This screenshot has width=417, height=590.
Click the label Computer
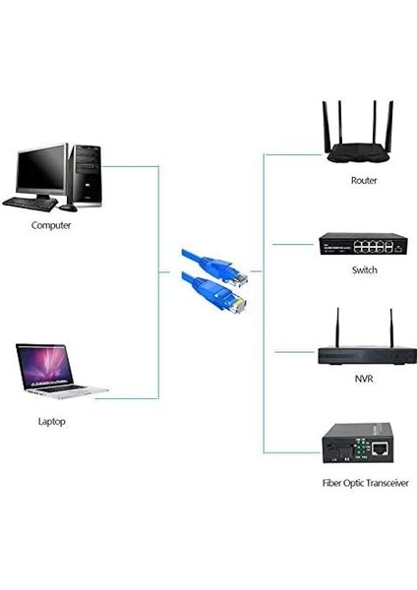click(51, 225)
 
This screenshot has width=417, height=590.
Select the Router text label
click(364, 181)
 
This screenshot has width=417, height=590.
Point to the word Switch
click(364, 269)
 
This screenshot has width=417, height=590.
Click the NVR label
click(364, 379)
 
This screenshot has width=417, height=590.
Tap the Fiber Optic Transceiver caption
click(365, 483)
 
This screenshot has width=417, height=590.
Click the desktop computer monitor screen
click(41, 169)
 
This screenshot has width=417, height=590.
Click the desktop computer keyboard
click(29, 204)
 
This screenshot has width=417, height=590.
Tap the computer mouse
click(67, 207)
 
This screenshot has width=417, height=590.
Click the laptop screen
click(44, 365)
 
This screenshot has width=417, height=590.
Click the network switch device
click(363, 243)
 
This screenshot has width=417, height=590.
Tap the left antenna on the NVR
click(336, 327)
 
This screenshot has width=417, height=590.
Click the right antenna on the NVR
click(389, 327)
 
